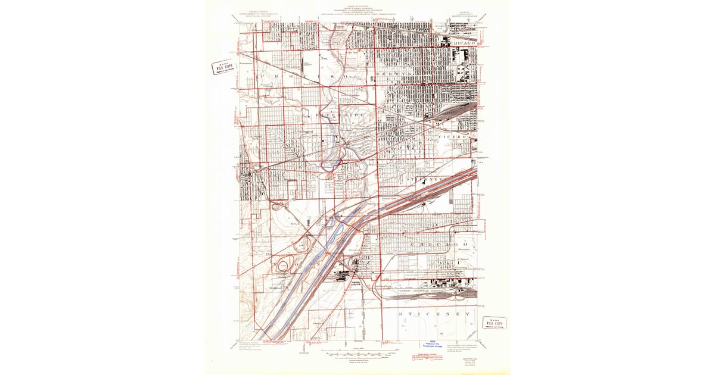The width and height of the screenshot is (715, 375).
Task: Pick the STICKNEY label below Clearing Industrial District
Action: (x=435, y=313)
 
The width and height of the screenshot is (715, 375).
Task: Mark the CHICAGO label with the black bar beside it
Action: (x=464, y=43)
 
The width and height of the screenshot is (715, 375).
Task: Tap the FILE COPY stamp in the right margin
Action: (x=495, y=323)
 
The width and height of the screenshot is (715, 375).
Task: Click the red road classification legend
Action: (x=424, y=358)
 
